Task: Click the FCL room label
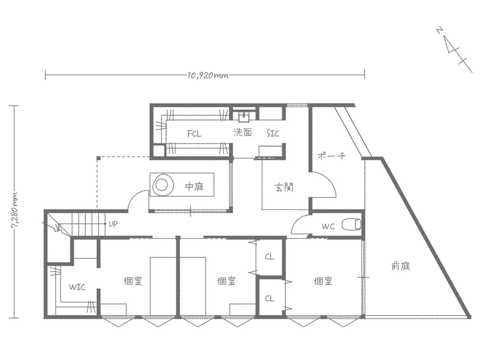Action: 194,134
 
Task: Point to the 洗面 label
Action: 242,133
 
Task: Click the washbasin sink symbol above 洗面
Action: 244,116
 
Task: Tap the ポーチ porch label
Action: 331,156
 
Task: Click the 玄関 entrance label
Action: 284,187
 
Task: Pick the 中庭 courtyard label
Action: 194,186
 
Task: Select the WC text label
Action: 328,226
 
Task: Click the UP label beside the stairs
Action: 113,224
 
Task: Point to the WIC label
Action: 77,287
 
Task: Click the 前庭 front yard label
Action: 400,266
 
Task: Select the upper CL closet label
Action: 270,257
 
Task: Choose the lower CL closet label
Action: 270,298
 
